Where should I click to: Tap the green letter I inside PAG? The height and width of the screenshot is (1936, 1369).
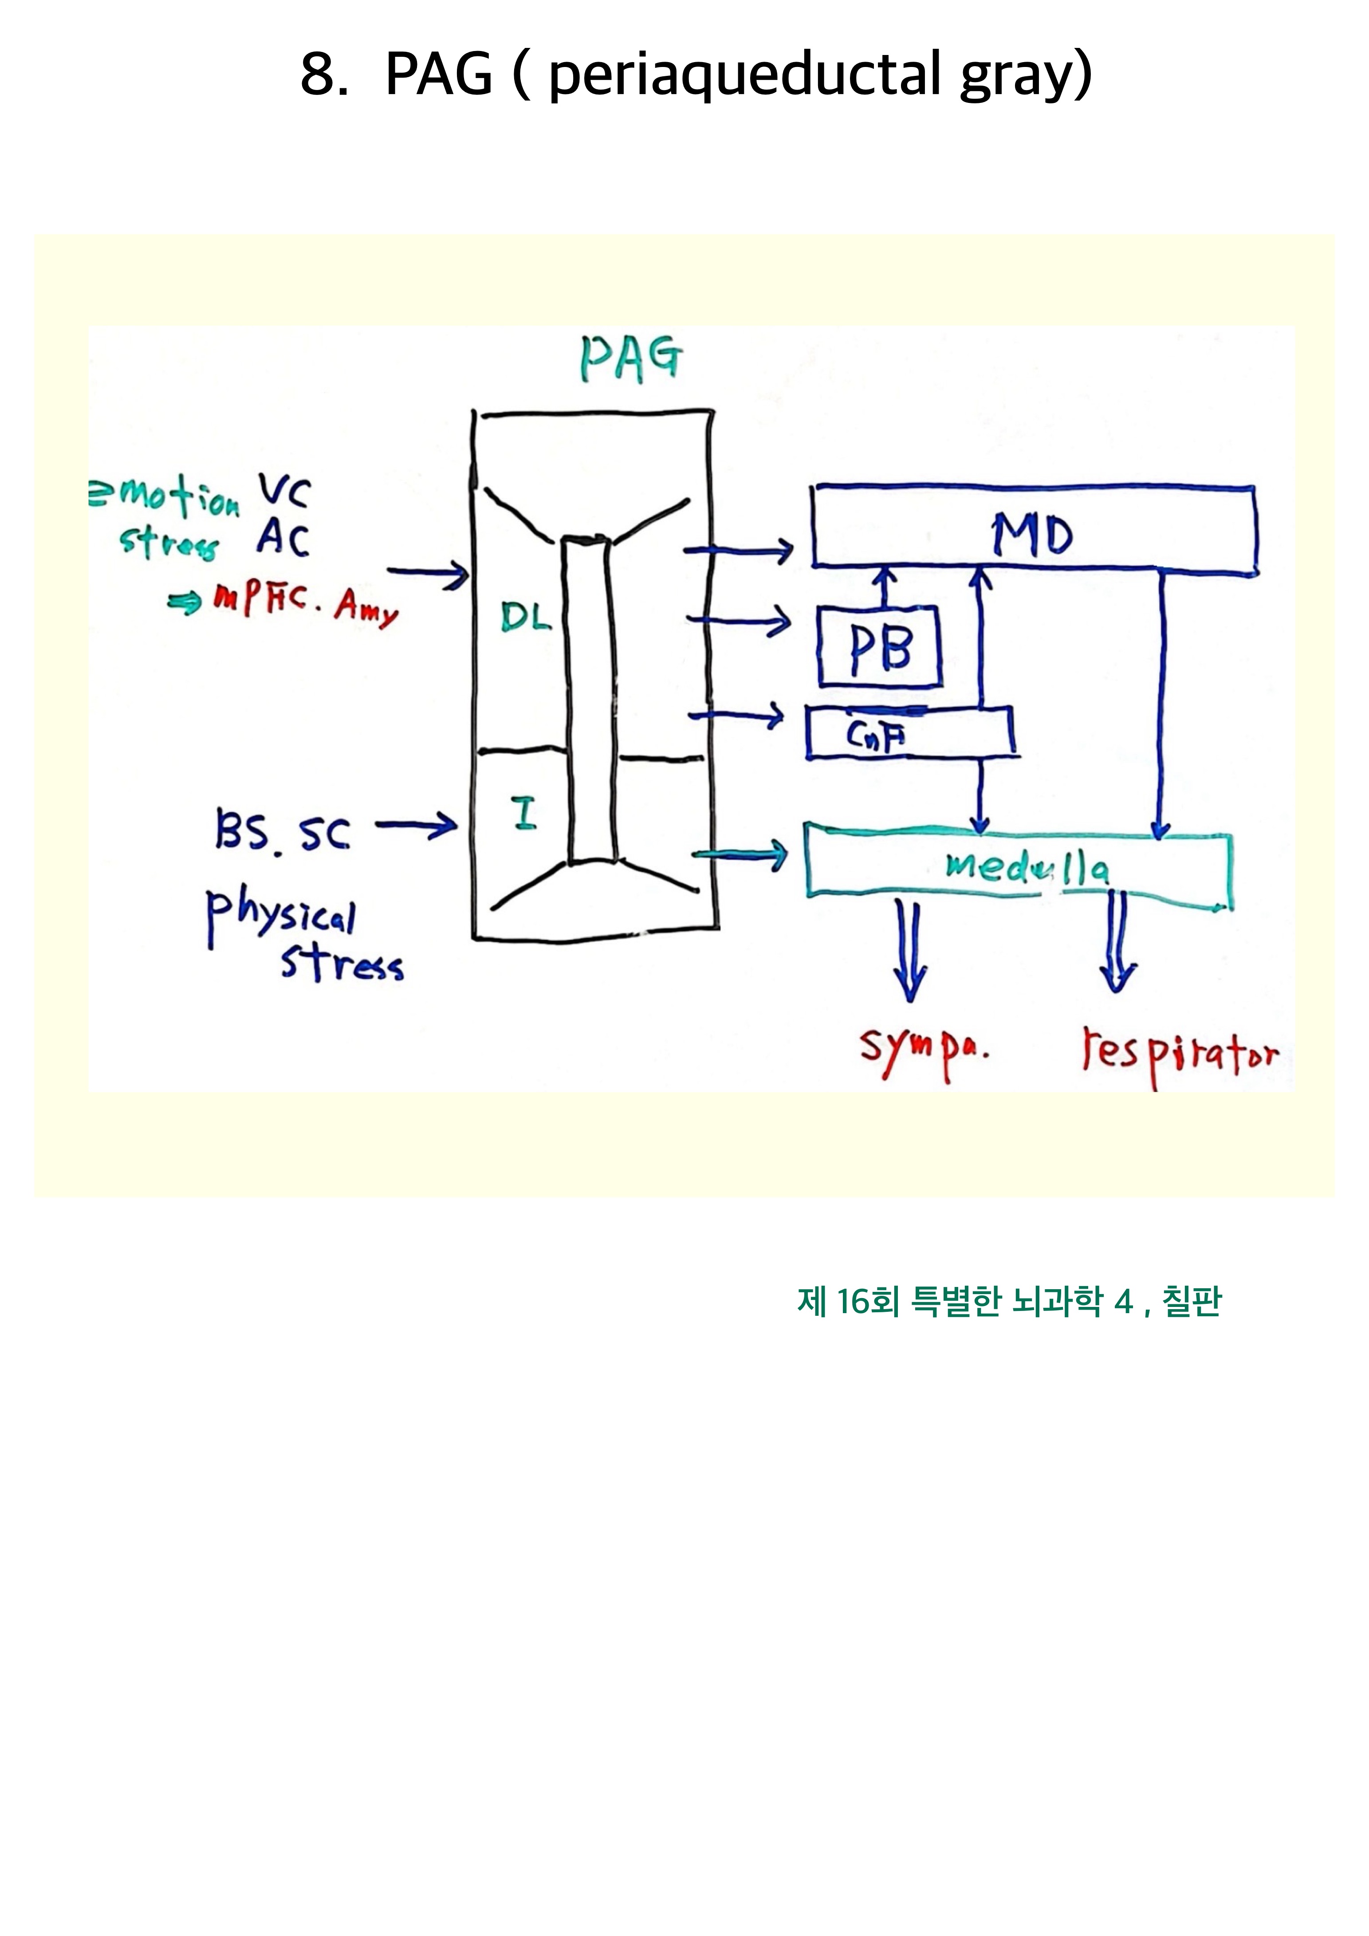pos(524,814)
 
